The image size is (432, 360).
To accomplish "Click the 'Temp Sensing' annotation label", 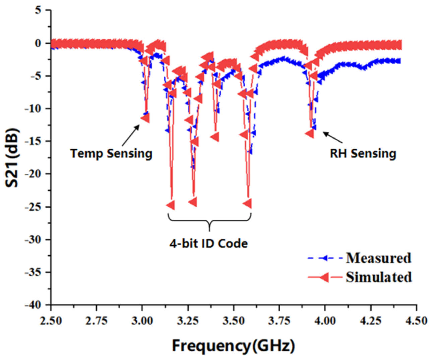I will (111, 153).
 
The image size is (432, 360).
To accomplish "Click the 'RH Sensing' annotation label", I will (363, 153).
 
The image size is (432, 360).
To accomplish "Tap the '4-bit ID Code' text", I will (208, 243).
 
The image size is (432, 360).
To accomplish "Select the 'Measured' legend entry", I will (378, 258).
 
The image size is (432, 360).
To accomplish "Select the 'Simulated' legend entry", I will (379, 277).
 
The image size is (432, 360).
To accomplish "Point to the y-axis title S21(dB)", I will (12, 157).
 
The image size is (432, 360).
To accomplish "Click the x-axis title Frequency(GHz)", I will (233, 346).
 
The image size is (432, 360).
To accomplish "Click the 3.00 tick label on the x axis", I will (142, 321).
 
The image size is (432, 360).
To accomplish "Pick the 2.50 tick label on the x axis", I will (51, 321).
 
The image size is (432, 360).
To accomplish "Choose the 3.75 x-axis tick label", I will (279, 321).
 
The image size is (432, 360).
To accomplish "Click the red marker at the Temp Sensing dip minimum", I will (145, 118).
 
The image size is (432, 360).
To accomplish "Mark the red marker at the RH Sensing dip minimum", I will (310, 133).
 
